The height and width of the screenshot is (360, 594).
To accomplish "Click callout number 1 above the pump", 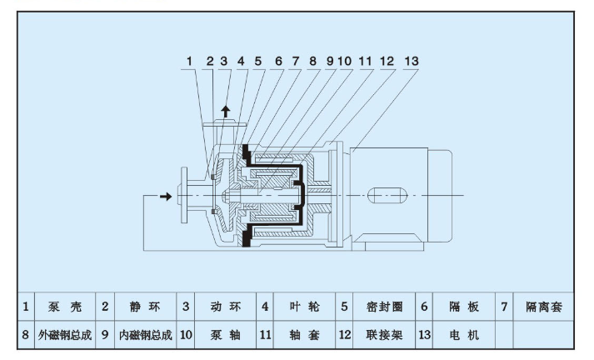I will coord(190,62).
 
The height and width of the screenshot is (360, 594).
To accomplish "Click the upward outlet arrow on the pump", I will coord(225,111).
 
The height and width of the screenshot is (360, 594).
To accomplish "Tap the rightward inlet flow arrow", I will coord(166,197).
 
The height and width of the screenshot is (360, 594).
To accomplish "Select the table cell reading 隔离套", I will coord(544,307).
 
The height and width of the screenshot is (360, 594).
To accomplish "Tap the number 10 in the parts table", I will coord(186,335).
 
